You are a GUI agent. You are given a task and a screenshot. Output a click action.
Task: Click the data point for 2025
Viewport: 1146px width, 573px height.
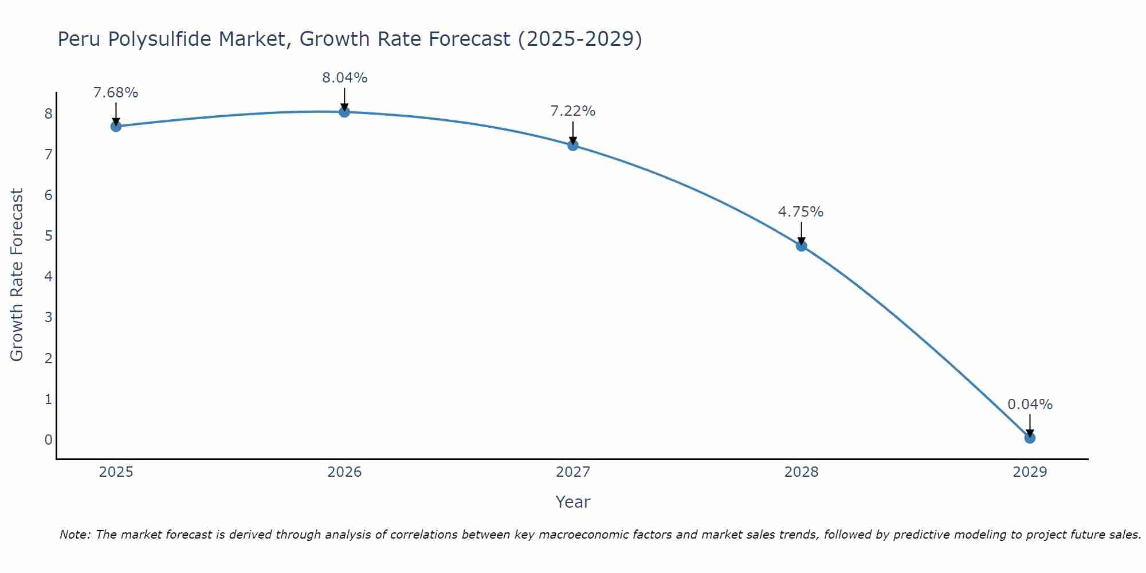click(x=116, y=127)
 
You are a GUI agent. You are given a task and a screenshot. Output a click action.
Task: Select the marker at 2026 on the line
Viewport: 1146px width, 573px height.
click(x=344, y=112)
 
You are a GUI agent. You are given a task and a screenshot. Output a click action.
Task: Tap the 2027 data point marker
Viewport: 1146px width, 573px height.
click(x=573, y=146)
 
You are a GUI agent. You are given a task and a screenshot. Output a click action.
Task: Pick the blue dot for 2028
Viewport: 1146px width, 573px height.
click(x=802, y=246)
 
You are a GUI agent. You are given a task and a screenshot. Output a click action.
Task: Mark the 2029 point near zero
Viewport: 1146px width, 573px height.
click(x=1030, y=438)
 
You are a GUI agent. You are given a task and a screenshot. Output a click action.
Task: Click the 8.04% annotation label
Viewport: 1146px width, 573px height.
click(x=344, y=78)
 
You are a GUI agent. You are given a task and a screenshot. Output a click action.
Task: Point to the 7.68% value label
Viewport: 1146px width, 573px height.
click(x=116, y=93)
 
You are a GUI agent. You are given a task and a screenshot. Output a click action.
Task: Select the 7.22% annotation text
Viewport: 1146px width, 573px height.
click(x=573, y=111)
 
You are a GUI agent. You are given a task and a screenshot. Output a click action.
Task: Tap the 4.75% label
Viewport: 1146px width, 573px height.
click(x=800, y=212)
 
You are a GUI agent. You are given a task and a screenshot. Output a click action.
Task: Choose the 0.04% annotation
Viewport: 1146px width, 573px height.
click(x=1030, y=405)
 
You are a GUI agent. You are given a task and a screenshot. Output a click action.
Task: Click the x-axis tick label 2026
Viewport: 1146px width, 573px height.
click(x=344, y=472)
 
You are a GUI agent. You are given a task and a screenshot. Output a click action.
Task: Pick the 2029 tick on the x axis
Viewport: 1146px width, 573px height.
click(x=1030, y=472)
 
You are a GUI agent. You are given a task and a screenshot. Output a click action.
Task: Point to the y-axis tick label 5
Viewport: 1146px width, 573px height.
click(x=49, y=236)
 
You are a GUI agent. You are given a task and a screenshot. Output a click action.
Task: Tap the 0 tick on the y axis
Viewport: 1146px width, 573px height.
click(x=49, y=440)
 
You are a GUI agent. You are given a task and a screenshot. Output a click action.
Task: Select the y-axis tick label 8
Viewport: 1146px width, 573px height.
click(x=49, y=114)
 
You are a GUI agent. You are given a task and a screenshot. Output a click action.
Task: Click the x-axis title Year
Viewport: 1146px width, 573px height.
click(x=572, y=502)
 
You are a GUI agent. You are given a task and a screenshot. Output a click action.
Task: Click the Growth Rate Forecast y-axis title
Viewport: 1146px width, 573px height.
click(x=17, y=274)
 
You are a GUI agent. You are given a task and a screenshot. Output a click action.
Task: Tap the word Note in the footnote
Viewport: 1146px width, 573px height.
click(x=74, y=535)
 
